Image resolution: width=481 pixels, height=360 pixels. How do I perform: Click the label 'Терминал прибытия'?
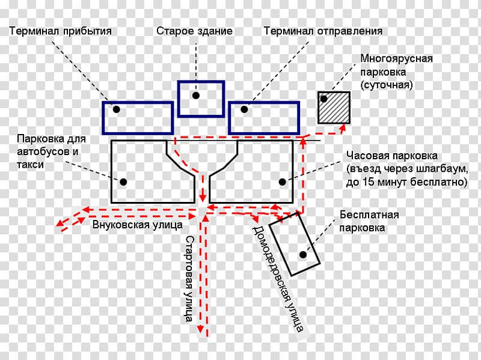pos(61,30)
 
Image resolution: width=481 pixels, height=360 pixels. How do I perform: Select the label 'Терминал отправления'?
pos(322,30)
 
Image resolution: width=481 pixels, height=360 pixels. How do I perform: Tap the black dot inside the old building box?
pos(196,95)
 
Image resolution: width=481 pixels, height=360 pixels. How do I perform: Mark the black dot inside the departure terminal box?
pos(244,109)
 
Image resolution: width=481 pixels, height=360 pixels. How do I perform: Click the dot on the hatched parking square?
pos(324,99)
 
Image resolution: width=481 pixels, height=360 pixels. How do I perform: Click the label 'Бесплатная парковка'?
pos(369,221)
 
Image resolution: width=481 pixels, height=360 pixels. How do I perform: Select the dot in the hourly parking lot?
pos(281,180)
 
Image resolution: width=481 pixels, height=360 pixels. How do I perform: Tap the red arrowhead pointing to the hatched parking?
pos(343,127)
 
